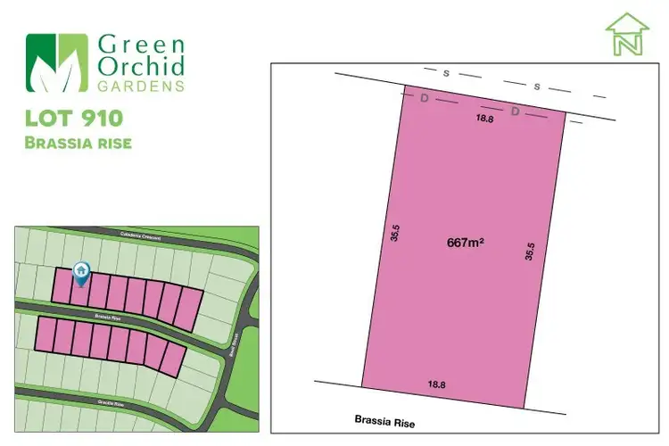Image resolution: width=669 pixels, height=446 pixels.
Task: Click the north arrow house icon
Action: click(627, 35)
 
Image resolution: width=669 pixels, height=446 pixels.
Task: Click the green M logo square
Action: click(57, 63)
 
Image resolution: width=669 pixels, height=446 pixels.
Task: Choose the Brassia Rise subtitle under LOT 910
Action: click(78, 143)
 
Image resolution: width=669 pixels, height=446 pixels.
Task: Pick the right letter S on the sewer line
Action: click(536, 87)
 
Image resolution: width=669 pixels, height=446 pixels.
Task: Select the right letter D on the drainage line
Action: click(515, 111)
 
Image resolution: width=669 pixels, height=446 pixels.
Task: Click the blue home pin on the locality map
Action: click(81, 270)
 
